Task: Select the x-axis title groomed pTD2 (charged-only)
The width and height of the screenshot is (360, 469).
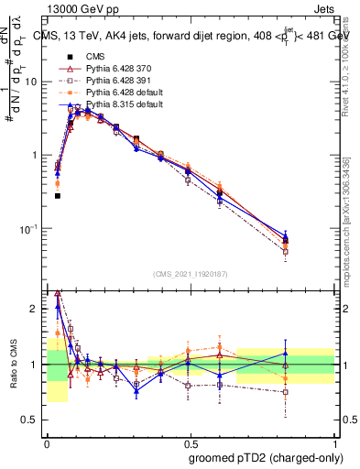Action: pos(259,458)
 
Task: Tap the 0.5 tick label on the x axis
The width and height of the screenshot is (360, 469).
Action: pos(190,442)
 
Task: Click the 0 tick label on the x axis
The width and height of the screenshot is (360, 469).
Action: pos(47,442)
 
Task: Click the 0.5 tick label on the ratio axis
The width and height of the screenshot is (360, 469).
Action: pos(32,420)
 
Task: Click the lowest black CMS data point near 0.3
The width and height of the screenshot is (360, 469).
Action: pos(57,195)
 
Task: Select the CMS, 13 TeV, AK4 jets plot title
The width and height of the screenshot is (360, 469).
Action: pos(183,36)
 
